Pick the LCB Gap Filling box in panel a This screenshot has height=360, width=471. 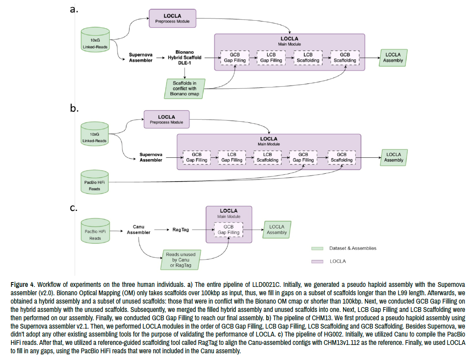271,58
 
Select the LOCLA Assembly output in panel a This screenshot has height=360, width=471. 393,58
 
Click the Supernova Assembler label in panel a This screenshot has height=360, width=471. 141,58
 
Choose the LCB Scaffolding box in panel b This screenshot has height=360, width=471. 267,157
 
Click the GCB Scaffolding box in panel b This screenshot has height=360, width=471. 342,157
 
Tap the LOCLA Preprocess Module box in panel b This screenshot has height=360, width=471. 166,120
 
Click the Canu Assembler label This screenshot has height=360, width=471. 139,230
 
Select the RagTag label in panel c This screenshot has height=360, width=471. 180,230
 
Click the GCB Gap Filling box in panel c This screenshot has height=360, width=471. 228,230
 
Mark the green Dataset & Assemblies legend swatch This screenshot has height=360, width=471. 317,248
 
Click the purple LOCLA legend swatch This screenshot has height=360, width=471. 317,261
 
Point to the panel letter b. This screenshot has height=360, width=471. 74,108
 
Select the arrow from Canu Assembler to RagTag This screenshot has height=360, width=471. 161,230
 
